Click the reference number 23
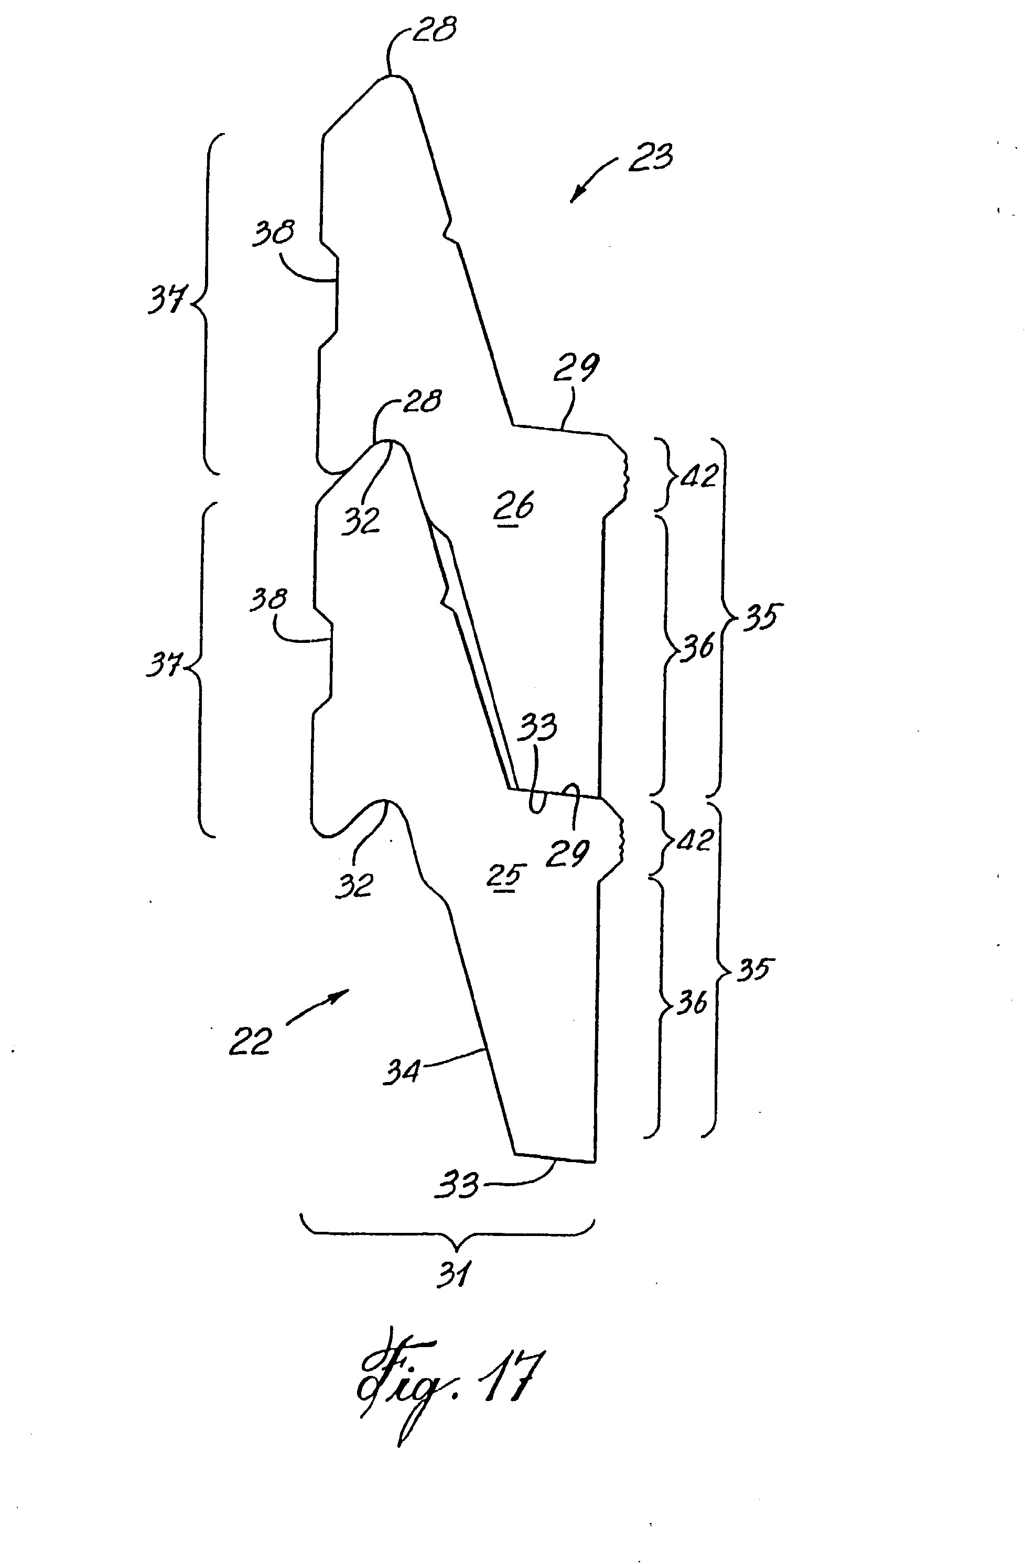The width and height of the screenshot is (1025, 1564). pyautogui.click(x=650, y=158)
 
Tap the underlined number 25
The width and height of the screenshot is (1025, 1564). pyautogui.click(x=507, y=876)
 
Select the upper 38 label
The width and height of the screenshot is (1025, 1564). pyautogui.click(x=274, y=232)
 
